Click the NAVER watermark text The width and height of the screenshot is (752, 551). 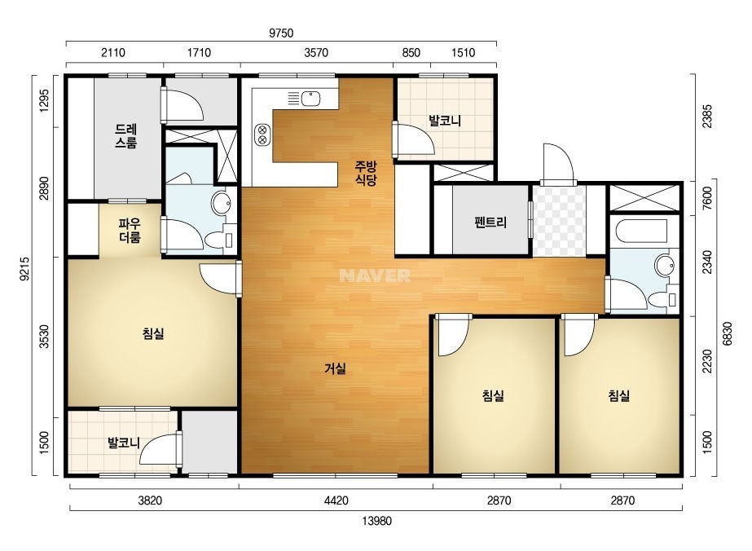point(375,275)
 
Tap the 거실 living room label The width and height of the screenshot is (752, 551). point(335,368)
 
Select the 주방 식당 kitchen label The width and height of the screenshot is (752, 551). point(366,174)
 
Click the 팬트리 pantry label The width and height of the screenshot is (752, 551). point(490,223)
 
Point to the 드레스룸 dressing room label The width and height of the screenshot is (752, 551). point(126,136)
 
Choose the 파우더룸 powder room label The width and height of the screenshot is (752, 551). point(130,231)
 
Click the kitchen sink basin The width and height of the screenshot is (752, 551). point(310,99)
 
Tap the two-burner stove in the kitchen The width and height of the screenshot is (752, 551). point(262,134)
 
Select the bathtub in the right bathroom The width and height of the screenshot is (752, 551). point(643,231)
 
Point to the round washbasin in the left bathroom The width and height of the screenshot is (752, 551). point(221,204)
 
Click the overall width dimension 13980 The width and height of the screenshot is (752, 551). point(377,521)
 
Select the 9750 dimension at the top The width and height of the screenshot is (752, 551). point(281,33)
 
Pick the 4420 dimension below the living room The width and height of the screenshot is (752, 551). point(336,500)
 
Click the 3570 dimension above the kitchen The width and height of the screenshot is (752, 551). point(316,52)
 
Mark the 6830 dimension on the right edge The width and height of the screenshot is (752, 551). point(728,333)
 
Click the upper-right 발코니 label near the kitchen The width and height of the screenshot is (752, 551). point(445,121)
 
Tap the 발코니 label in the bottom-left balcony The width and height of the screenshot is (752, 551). point(124,443)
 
